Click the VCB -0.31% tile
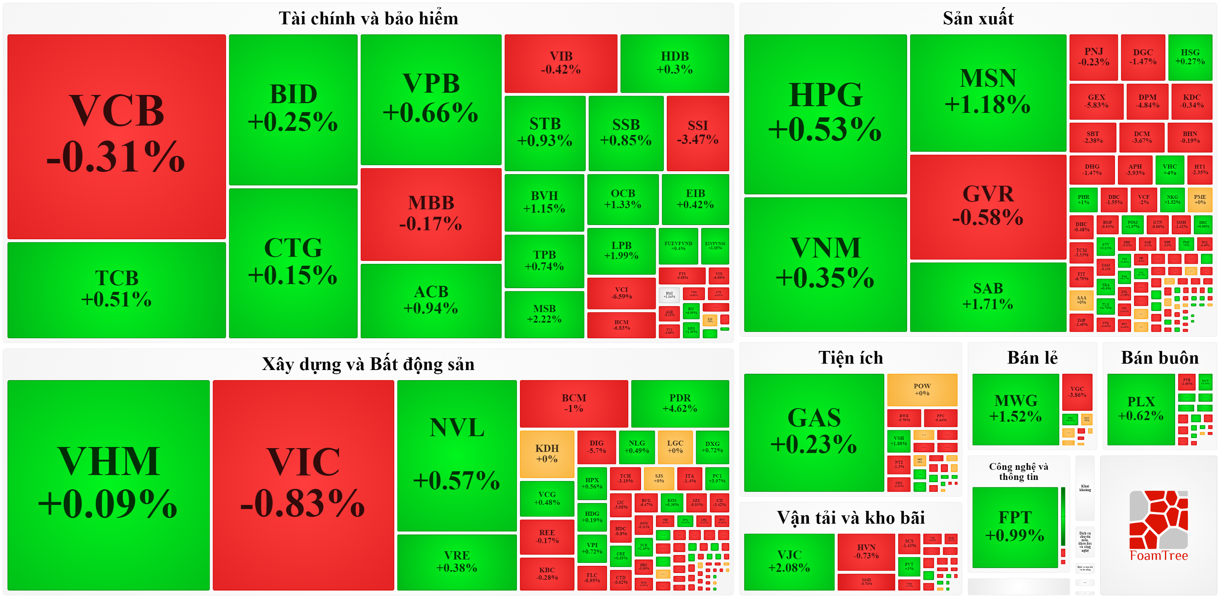[117, 136]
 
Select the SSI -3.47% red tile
[697, 133]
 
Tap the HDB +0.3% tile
[674, 63]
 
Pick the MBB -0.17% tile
[431, 213]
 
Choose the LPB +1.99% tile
[621, 250]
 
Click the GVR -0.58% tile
[988, 206]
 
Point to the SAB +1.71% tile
[988, 296]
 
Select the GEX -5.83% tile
[1096, 101]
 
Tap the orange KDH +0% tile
[546, 453]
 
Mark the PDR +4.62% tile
[680, 403]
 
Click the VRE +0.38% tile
[456, 561]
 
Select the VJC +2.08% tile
[789, 561]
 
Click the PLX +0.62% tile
[1140, 409]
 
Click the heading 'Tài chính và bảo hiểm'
[368, 18]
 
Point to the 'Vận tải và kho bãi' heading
[851, 518]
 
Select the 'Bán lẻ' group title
[1032, 357]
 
